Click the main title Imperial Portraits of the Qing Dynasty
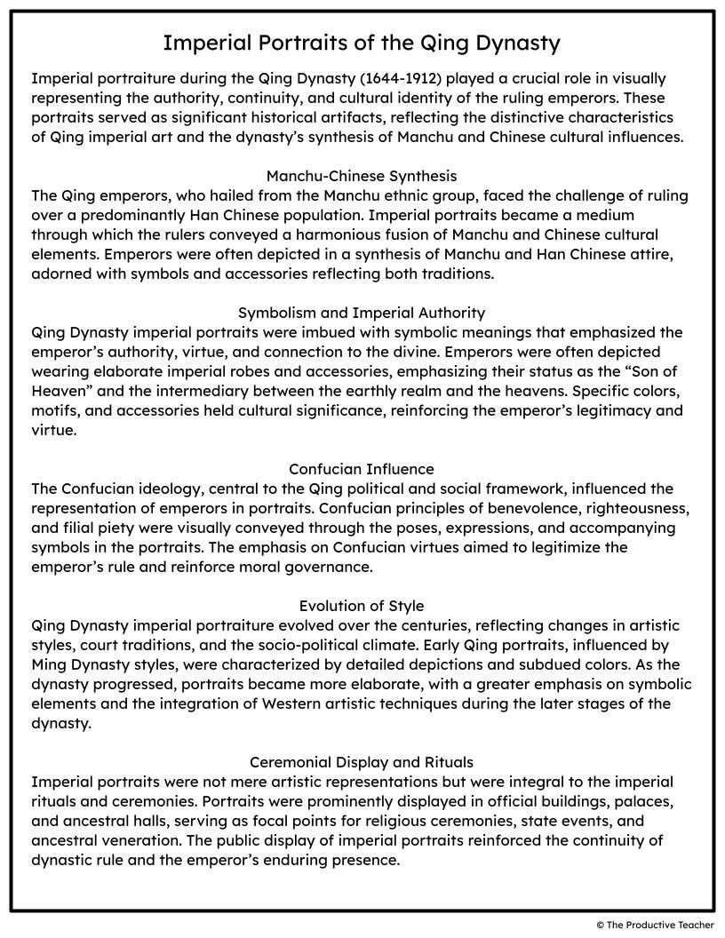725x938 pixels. pyautogui.click(x=362, y=43)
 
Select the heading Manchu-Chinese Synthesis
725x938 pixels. pyautogui.click(x=362, y=176)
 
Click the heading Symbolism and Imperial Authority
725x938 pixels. pyautogui.click(x=362, y=313)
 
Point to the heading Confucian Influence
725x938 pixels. pyautogui.click(x=362, y=469)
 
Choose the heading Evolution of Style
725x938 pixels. pyautogui.click(x=362, y=606)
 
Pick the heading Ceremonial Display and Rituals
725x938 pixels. pyautogui.click(x=362, y=762)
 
